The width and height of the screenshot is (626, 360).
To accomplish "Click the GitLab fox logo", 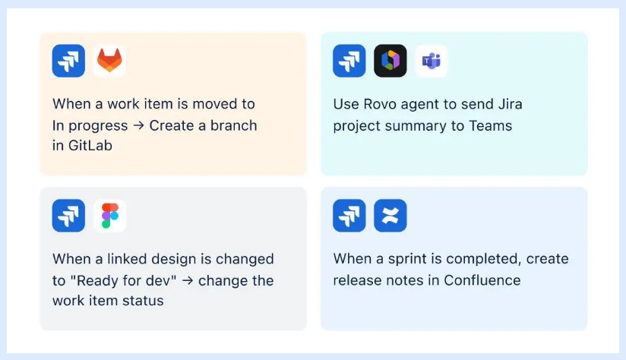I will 109,61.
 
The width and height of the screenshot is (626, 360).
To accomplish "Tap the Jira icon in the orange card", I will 68,61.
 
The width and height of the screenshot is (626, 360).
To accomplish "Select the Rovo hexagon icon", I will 390,61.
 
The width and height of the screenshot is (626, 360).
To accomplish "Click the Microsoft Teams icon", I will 432,61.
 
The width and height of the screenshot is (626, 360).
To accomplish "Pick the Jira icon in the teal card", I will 349,61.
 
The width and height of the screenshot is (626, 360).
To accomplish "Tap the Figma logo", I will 109,216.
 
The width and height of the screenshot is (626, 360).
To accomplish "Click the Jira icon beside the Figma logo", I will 68,216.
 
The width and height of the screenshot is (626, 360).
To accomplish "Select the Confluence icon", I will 390,216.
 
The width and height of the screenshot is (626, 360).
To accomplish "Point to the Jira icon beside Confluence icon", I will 349,216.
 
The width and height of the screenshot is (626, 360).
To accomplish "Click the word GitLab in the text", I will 90,146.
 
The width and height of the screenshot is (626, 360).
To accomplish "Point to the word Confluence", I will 482,280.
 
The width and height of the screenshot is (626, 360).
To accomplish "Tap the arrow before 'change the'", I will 188,280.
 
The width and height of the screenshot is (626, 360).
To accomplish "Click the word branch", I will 232,125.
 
